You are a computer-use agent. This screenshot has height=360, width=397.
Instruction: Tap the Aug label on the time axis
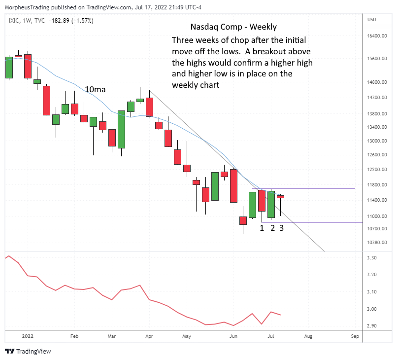(308, 336)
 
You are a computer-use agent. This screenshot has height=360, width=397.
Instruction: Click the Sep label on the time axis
(355, 336)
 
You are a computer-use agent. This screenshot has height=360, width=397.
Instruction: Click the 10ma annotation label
(95, 89)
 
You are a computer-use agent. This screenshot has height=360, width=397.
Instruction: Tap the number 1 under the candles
(262, 228)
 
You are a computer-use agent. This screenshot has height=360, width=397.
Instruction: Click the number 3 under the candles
(281, 228)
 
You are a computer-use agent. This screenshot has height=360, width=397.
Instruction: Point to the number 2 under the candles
(272, 228)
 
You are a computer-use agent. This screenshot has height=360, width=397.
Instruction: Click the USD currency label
(372, 19)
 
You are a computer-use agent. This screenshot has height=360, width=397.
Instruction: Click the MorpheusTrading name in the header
(27, 6)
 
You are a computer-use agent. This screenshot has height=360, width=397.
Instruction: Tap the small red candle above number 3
(281, 197)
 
